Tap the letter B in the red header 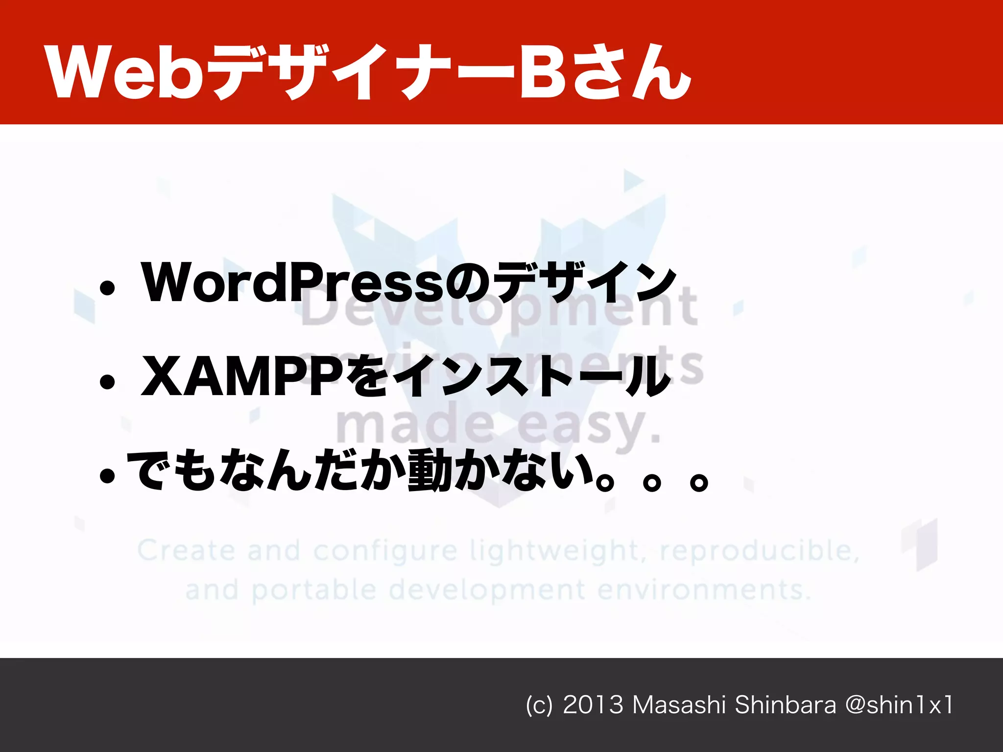542,73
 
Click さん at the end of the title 632,73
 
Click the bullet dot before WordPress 107,288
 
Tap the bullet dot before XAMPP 107,382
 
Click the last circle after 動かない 698,482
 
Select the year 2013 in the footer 593,705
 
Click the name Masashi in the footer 679,705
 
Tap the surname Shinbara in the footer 786,705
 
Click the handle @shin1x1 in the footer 899,705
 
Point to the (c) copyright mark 539,705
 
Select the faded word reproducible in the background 760,551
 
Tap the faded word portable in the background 314,590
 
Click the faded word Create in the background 186,550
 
